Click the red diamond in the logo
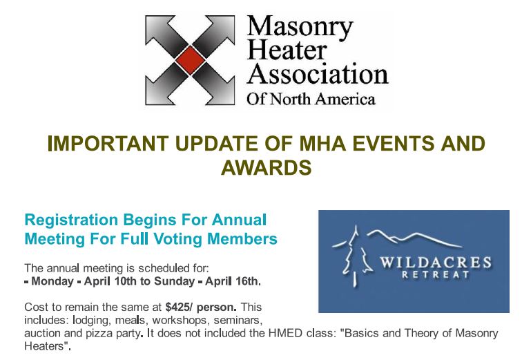[x=190, y=60]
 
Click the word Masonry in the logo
[x=300, y=27]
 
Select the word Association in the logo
[x=318, y=74]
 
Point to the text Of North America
[x=311, y=100]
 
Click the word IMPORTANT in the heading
[x=108, y=144]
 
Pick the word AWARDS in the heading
[x=267, y=167]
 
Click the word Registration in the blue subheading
[x=71, y=220]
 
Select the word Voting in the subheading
[x=177, y=240]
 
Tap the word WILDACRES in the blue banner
[x=436, y=263]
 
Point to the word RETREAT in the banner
[x=436, y=275]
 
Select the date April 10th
[x=110, y=281]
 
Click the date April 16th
[x=231, y=281]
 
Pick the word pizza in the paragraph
[x=99, y=334]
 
